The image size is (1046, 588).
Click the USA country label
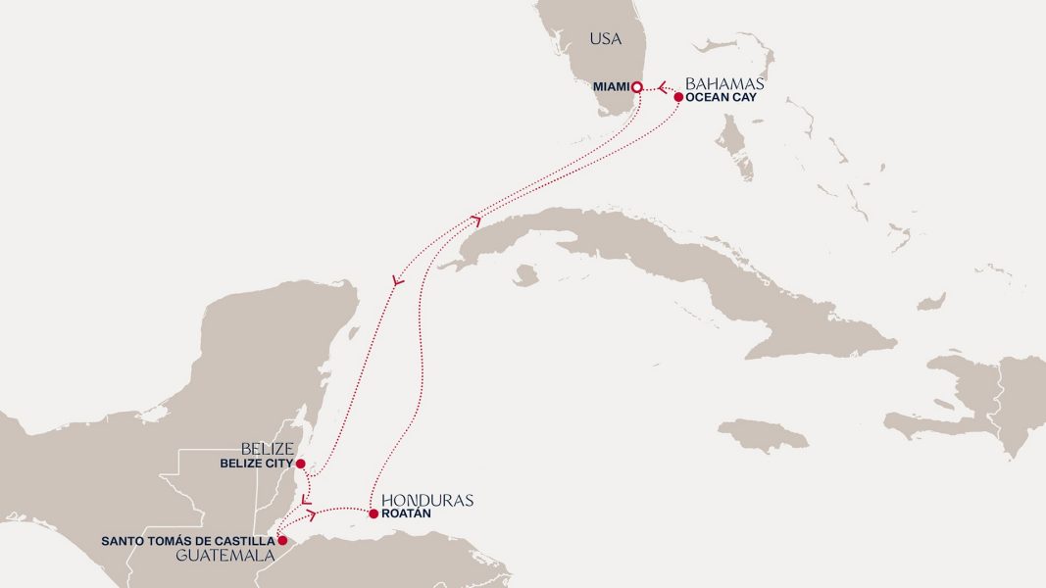click(x=605, y=39)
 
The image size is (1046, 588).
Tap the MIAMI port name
click(x=611, y=87)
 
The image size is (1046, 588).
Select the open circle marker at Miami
click(x=636, y=87)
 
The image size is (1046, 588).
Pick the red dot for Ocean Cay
click(x=678, y=97)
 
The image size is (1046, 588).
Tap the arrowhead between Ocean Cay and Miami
click(x=662, y=88)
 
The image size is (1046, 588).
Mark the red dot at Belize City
click(x=300, y=464)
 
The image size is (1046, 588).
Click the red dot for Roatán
click(x=374, y=514)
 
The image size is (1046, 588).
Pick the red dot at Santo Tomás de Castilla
click(x=282, y=540)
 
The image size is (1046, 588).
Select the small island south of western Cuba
click(x=525, y=275)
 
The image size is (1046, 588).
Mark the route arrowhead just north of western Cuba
click(x=476, y=220)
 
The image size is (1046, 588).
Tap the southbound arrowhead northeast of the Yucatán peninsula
click(x=396, y=282)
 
